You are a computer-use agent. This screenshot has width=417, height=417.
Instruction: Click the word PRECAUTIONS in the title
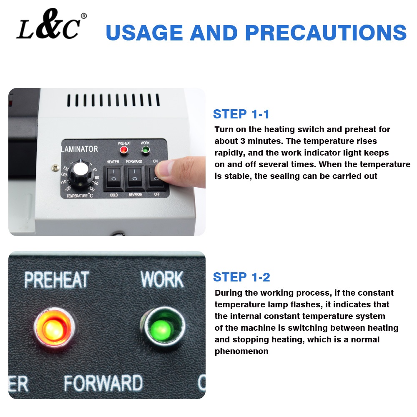point(326,33)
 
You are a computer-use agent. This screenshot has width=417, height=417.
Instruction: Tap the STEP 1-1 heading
point(241,114)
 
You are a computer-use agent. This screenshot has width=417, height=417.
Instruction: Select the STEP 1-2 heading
point(241,277)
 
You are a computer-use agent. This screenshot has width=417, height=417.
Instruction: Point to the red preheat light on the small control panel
point(124,150)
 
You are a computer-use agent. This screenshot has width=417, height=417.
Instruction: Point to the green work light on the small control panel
point(145,150)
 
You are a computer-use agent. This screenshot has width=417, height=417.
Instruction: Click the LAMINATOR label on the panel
point(80,149)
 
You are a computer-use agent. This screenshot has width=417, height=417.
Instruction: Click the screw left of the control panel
point(55,168)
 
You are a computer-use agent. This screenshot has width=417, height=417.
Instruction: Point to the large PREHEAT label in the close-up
point(57,280)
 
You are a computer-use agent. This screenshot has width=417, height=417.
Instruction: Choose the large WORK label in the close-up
point(162,279)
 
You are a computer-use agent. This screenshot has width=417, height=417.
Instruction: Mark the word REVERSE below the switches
point(135,195)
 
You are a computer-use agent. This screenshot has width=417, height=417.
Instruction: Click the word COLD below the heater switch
point(114,195)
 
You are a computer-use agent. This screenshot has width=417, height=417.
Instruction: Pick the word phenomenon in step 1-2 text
point(241,351)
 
